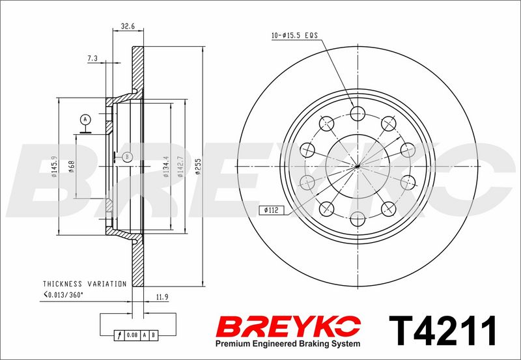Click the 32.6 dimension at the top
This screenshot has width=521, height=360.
click(x=128, y=26)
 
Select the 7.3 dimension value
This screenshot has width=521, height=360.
click(x=92, y=59)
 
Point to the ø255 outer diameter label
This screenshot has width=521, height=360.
click(x=199, y=167)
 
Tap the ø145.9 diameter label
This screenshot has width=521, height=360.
click(x=54, y=167)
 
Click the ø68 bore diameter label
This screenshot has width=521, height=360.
click(x=71, y=167)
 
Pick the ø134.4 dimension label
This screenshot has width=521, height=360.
click(x=166, y=167)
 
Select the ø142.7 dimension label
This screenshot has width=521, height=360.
click(x=180, y=167)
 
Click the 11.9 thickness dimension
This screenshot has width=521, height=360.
click(x=162, y=298)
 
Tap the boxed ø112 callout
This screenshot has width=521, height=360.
click(x=272, y=210)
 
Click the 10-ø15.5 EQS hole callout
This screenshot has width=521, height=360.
click(x=295, y=35)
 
